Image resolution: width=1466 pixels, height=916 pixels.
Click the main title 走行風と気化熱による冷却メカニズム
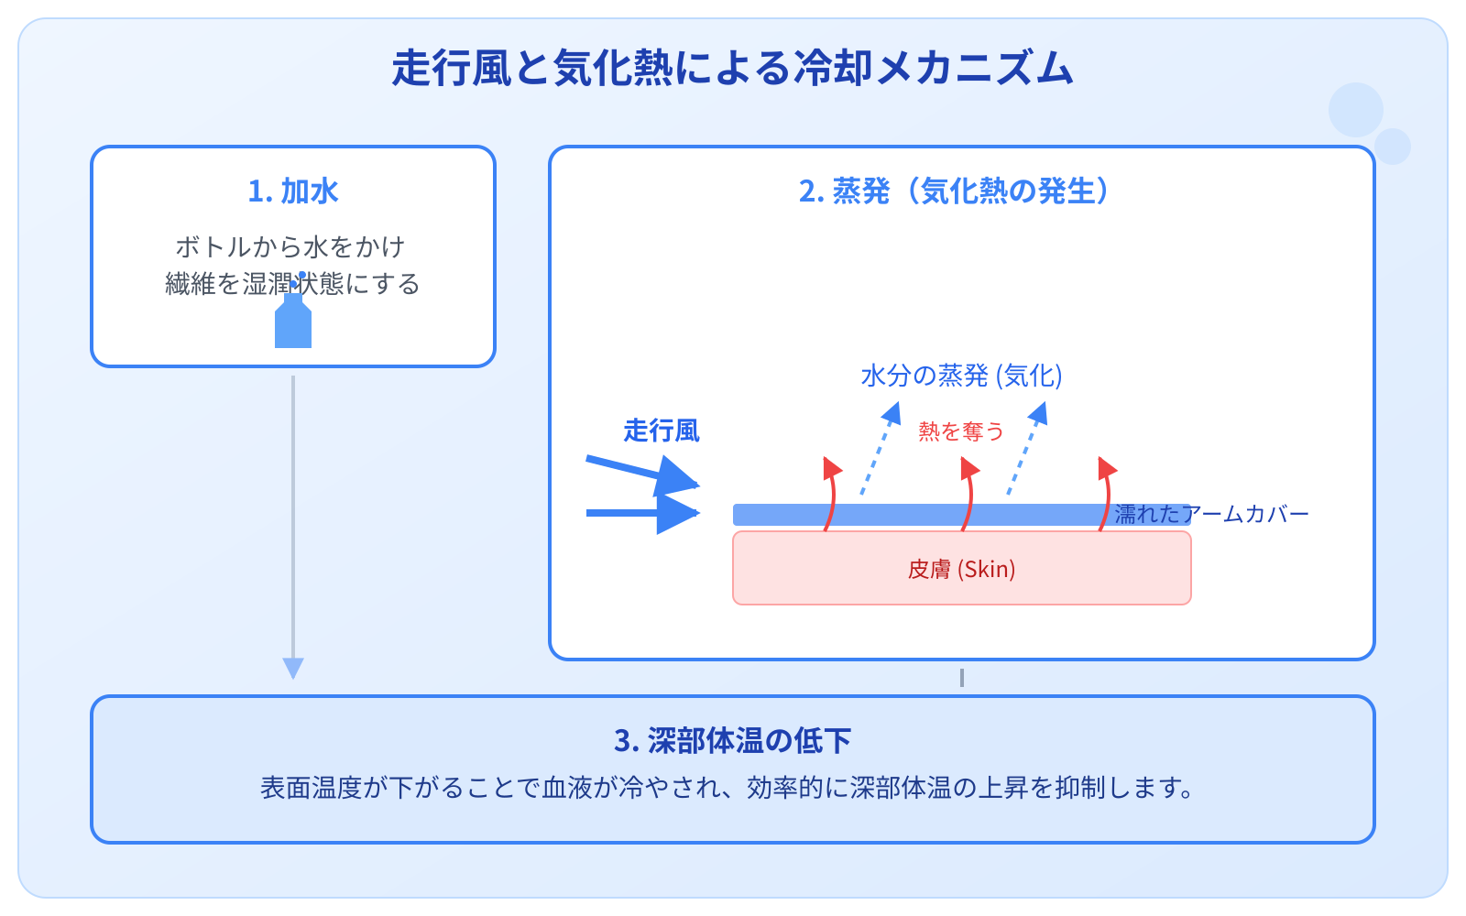click(x=732, y=69)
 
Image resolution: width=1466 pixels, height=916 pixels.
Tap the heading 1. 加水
click(x=293, y=191)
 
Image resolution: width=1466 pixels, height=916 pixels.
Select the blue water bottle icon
click(x=293, y=322)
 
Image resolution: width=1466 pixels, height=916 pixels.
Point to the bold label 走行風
click(x=661, y=431)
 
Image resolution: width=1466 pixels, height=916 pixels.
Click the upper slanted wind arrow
click(x=641, y=471)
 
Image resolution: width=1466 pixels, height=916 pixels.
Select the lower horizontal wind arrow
click(x=641, y=513)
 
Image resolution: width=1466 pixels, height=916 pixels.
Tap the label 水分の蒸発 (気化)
click(x=961, y=376)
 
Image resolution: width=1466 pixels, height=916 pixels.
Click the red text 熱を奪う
click(x=961, y=431)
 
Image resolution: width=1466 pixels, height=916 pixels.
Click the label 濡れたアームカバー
click(x=1211, y=515)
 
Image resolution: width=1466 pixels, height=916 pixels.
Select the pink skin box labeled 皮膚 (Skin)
click(x=961, y=569)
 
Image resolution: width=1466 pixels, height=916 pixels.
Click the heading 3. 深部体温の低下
click(x=732, y=740)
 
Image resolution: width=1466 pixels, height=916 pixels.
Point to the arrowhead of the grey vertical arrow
click(x=293, y=668)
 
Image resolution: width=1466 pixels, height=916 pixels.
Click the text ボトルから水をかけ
click(x=290, y=246)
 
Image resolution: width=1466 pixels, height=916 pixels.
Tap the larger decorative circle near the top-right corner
click(x=1355, y=110)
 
